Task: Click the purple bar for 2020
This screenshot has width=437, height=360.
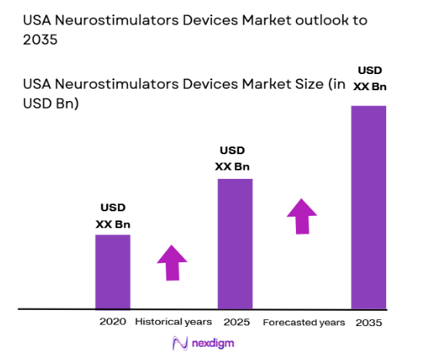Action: pyautogui.click(x=113, y=271)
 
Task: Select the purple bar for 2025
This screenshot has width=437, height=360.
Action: pyautogui.click(x=234, y=244)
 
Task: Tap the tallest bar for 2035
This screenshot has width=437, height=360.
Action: pyautogui.click(x=368, y=207)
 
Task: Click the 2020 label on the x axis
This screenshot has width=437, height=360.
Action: pyautogui.click(x=113, y=321)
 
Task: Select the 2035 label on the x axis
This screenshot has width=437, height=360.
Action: pyautogui.click(x=368, y=321)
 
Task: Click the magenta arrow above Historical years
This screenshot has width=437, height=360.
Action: pyautogui.click(x=172, y=264)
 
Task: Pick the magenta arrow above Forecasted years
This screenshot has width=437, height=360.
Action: pyautogui.click(x=302, y=215)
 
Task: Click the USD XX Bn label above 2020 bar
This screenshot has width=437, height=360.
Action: pyautogui.click(x=113, y=216)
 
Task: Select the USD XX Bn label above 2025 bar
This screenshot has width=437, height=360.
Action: pyautogui.click(x=234, y=159)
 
